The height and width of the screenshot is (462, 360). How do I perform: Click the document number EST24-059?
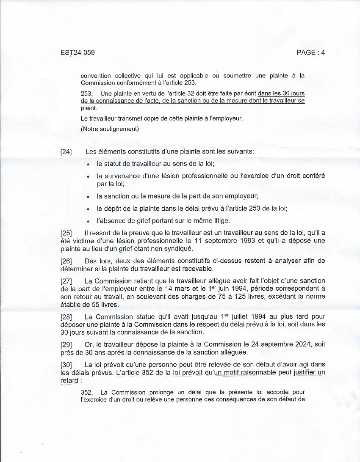(78, 53)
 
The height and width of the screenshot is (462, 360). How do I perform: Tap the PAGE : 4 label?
(311, 53)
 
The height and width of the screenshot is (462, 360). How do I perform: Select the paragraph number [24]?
(66, 152)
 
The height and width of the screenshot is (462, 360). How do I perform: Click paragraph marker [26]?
(66, 260)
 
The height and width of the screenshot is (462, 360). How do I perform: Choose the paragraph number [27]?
(66, 281)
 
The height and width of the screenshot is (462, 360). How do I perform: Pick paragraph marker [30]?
(66, 365)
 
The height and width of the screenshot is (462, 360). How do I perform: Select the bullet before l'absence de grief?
(88, 221)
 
